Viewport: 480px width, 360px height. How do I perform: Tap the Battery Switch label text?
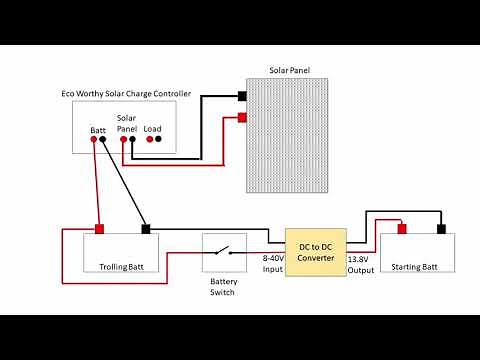coord(223,287)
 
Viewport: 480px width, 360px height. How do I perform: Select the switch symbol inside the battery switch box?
coord(225,252)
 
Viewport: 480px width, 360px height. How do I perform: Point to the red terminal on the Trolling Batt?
coord(99,230)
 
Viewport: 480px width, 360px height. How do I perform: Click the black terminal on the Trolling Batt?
coord(147,230)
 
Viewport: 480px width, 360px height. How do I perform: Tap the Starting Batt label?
coord(414,267)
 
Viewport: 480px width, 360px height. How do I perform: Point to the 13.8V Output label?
coord(359,264)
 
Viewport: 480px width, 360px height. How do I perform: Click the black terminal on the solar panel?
coord(243,97)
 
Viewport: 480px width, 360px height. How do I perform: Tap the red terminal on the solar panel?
coord(243,118)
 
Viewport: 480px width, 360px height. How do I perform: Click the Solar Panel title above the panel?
coord(291,71)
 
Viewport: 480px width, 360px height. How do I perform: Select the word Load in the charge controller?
coord(153,129)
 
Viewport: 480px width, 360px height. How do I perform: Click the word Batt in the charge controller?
coord(98,130)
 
